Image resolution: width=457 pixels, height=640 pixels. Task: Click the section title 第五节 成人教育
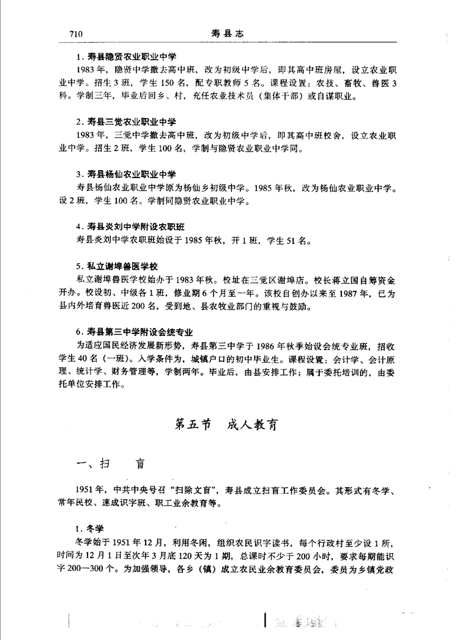pos(226,424)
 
